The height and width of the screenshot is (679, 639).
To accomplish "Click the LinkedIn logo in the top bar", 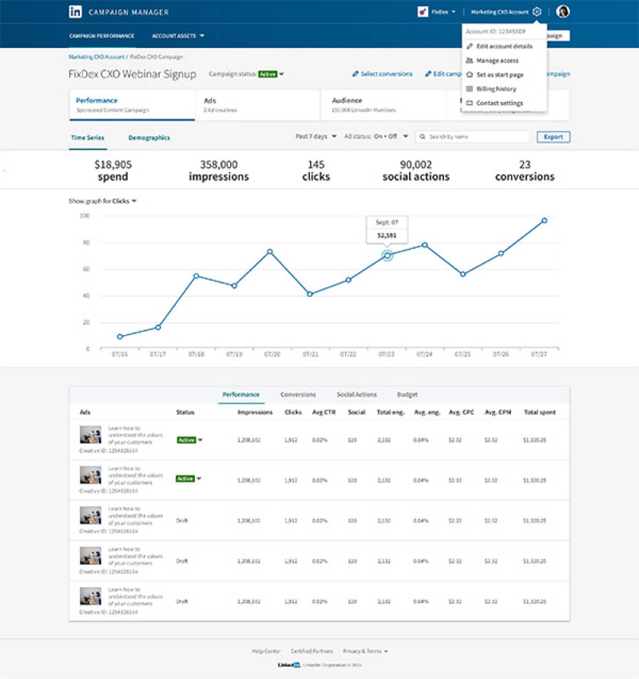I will pos(75,11).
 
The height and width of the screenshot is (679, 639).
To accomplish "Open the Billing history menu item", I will pos(496,89).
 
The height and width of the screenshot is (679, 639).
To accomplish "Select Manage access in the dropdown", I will pos(497,61).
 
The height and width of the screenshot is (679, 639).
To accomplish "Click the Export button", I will pos(553,137).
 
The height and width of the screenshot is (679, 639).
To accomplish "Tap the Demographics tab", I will pos(149,137).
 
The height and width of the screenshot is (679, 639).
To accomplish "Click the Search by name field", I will pos(476,137).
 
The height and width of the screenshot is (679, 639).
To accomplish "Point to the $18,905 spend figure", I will pos(113,170).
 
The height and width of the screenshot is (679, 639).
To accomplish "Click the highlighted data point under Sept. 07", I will pos(387,255).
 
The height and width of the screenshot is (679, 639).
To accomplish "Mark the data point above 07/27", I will pos(544,220).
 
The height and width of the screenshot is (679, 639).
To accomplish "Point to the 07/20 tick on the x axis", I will pos(272,353).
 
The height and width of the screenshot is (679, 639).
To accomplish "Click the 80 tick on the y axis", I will pos(84,243).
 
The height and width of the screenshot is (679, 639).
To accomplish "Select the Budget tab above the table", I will pos(407,394).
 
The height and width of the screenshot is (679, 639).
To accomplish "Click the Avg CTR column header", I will pos(323,412).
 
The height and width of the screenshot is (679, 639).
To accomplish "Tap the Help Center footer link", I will pos(266,651).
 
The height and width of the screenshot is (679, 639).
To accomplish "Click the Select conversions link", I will pos(382,74).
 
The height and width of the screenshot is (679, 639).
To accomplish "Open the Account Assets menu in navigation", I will pos(178,36).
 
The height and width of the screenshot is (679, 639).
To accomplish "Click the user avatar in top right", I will pos(563,11).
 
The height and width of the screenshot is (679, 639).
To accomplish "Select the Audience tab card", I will pos(383,105).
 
